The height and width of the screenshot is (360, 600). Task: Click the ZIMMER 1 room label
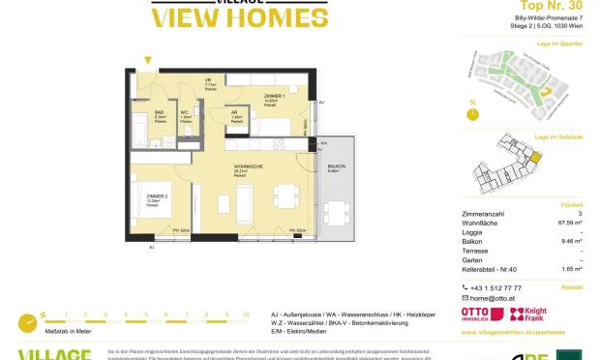276,96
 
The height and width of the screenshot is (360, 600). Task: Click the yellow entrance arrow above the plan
147,61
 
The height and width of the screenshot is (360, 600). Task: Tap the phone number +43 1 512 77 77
496,287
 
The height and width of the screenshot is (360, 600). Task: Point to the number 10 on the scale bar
246,315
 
